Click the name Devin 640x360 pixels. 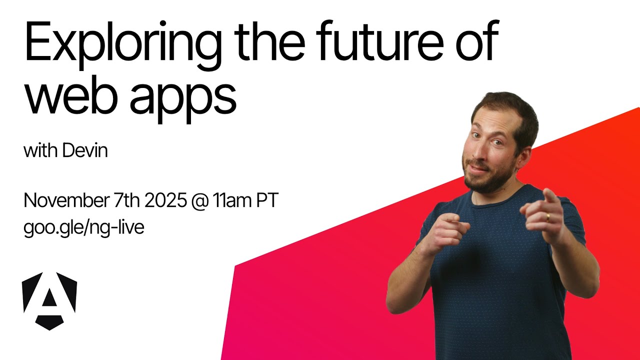(85, 151)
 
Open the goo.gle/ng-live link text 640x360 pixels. (84, 228)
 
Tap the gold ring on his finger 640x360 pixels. (547, 216)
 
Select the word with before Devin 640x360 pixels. (40, 151)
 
